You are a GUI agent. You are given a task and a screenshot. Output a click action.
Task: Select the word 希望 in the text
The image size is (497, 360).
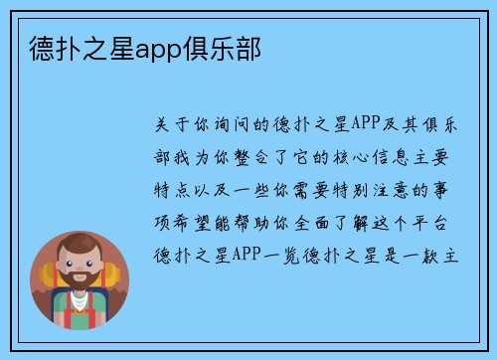[x=200, y=222]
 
